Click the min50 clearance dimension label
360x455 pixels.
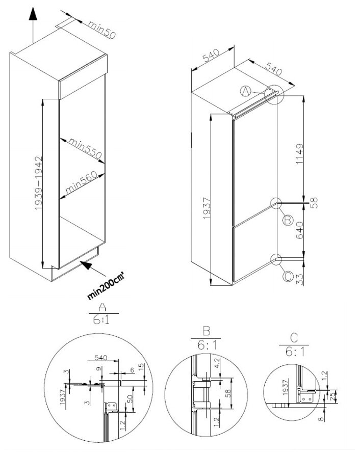[102, 30]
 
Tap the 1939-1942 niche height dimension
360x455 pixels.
[39, 183]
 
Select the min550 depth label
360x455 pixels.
[85, 149]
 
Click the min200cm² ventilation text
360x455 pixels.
[106, 285]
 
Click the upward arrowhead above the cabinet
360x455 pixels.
[33, 14]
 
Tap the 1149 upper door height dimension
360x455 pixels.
[299, 154]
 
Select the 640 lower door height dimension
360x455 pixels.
[299, 230]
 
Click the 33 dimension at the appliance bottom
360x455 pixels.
[299, 279]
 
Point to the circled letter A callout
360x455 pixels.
[245, 91]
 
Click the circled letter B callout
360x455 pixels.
[288, 221]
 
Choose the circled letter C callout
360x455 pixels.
[288, 276]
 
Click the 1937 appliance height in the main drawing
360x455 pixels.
[207, 208]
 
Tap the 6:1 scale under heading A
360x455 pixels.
[101, 320]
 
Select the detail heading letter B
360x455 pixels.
[206, 331]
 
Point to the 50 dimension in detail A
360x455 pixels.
[130, 399]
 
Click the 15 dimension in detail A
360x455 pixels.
[141, 367]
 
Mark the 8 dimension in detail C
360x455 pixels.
[321, 419]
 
